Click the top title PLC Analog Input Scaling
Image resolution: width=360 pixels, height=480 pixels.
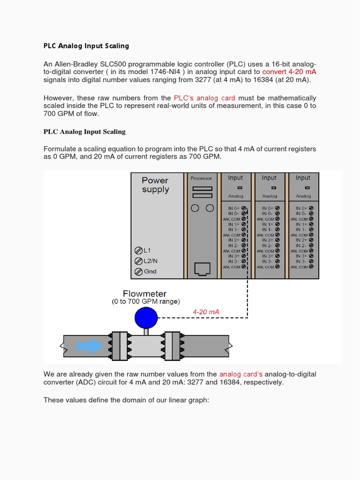tap(86, 46)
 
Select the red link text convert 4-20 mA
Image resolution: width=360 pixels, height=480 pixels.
tap(289, 72)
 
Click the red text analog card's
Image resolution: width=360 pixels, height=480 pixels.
tap(241, 374)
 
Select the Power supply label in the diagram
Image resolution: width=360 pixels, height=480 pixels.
tap(155, 185)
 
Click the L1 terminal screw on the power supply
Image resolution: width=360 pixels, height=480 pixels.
tap(138, 250)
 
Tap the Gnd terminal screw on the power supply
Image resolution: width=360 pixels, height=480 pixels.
tap(138, 271)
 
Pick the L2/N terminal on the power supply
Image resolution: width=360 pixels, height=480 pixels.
tap(138, 261)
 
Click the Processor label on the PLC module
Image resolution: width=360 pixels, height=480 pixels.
tap(201, 178)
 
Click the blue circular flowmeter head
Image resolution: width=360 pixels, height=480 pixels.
tap(146, 318)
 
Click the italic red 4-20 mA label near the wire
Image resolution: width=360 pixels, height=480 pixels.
tap(206, 312)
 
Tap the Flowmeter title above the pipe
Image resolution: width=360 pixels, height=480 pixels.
tap(145, 294)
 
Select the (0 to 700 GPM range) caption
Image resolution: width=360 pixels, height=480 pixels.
tap(145, 301)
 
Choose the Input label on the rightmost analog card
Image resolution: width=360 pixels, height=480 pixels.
tap(303, 178)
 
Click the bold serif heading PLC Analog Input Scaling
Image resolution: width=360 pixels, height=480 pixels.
tap(84, 132)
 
